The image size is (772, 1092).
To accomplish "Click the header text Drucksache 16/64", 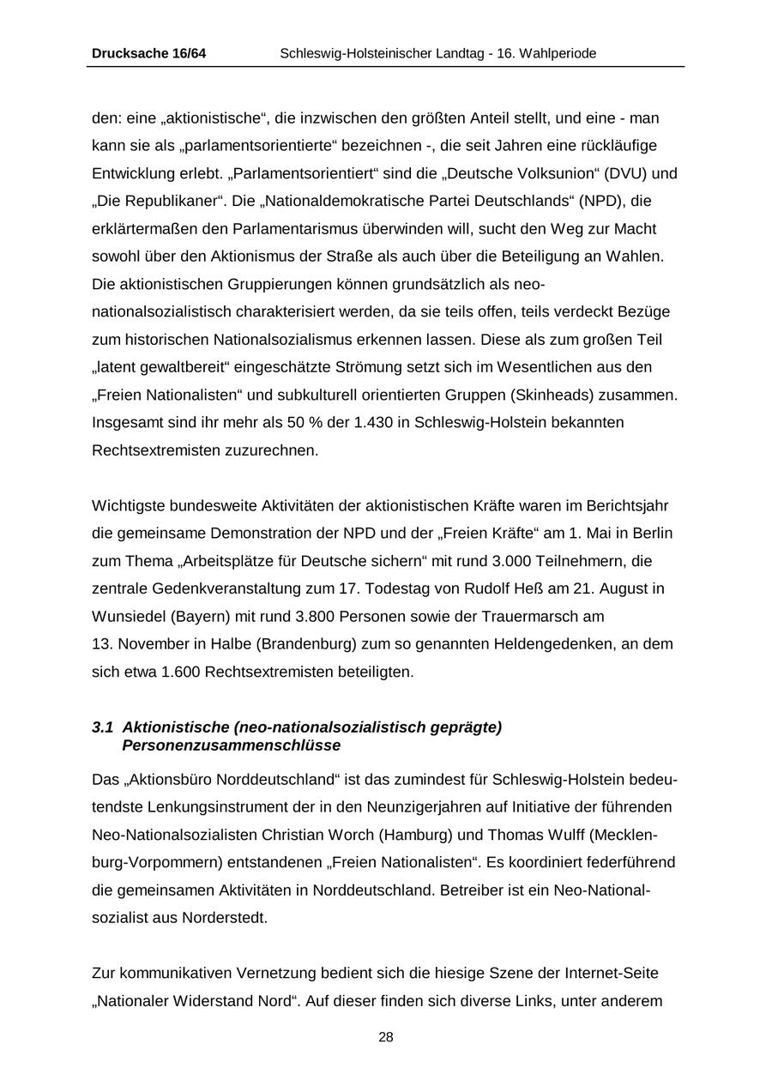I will (x=148, y=54).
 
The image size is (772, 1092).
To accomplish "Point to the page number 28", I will (x=386, y=1038).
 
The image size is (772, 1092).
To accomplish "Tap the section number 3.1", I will (x=102, y=727).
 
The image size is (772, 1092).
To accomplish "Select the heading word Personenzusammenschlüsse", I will (x=231, y=745).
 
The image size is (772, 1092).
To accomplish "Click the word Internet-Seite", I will (x=612, y=974).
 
